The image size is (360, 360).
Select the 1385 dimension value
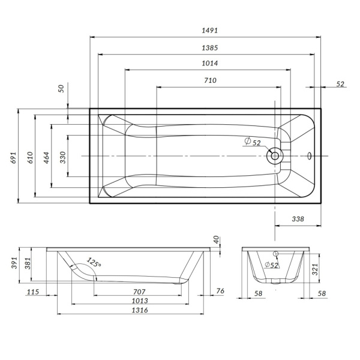click(x=210, y=48)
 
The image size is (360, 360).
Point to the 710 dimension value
click(x=210, y=80)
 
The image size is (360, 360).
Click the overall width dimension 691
click(x=14, y=158)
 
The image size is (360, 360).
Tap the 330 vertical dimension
click(x=62, y=158)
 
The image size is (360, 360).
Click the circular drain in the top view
click(x=274, y=156)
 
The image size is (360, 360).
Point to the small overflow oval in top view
click(x=309, y=156)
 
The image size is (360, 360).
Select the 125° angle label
click(x=94, y=262)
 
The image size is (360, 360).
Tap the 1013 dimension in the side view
click(x=139, y=301)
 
